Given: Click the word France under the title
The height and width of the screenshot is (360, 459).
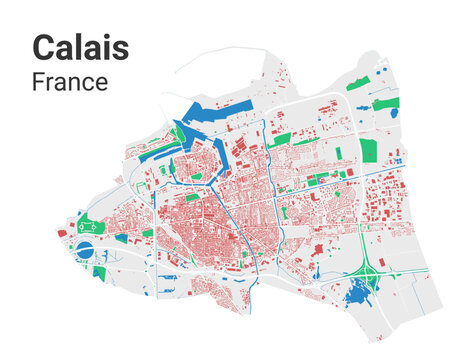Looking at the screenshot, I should [x=69, y=82].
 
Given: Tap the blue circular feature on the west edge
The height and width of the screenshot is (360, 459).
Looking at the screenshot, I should [x=85, y=247].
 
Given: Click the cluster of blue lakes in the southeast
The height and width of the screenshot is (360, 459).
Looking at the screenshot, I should [x=354, y=294].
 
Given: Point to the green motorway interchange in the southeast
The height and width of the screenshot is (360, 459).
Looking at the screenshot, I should [x=371, y=269].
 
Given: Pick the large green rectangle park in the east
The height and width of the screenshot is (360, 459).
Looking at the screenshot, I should [x=368, y=150].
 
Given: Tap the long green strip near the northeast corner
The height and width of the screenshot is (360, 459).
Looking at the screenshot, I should [x=385, y=103].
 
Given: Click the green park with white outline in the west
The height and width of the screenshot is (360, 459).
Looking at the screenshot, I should [x=93, y=227].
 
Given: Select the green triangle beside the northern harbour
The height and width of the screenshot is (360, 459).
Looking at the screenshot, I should [x=178, y=133].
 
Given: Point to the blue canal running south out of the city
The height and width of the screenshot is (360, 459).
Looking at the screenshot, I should [x=247, y=270].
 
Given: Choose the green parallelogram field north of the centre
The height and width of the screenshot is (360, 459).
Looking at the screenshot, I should [x=280, y=139].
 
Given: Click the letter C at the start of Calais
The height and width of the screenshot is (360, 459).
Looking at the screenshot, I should [x=44, y=47].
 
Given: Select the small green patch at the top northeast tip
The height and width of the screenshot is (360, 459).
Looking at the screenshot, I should [x=380, y=68].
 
